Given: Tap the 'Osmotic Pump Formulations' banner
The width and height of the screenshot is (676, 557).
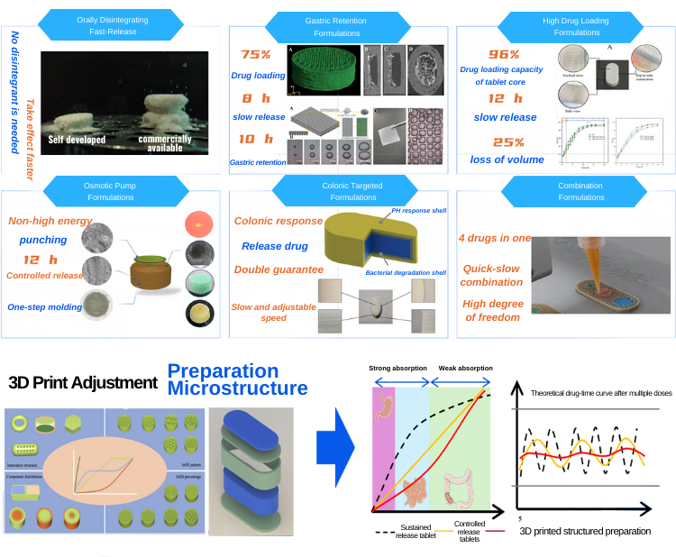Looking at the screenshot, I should [114, 191].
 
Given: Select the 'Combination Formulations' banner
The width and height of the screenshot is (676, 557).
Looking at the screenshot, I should [567, 191].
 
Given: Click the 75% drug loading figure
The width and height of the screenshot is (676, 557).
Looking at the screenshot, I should [255, 53].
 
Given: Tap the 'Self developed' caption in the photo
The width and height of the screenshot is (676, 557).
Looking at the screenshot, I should [78, 140].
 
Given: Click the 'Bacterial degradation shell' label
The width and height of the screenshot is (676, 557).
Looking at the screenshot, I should [405, 272].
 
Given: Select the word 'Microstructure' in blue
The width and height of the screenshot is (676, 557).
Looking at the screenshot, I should [237, 388].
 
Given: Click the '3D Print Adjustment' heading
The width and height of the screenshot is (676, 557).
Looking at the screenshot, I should [83, 381].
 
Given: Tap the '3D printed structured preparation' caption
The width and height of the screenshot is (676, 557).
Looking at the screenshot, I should [585, 531].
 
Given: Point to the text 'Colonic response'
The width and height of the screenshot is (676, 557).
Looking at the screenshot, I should [278, 221].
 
